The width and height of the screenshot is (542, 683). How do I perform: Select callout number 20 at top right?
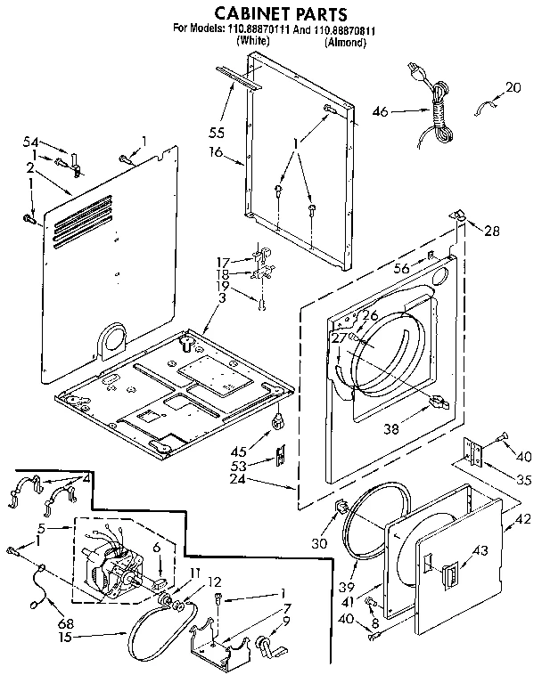[x=513, y=87]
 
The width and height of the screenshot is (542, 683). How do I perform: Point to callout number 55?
[x=217, y=132]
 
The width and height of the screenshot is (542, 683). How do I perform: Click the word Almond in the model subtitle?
[x=344, y=42]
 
